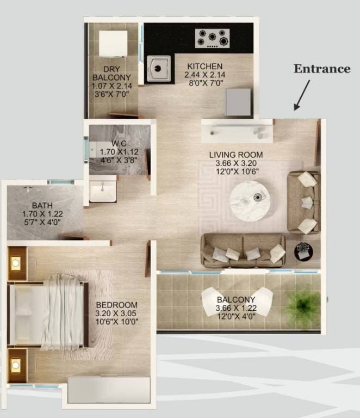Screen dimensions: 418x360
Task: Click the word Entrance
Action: (322, 69)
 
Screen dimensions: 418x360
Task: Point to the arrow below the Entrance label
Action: (302, 95)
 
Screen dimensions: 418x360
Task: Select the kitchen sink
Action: (158, 69)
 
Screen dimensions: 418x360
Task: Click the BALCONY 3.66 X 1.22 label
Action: (235, 304)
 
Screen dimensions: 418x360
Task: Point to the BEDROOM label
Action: (116, 305)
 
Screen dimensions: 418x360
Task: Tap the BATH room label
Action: (41, 206)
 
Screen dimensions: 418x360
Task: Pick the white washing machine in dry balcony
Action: (113, 43)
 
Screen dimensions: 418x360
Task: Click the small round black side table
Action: (302, 251)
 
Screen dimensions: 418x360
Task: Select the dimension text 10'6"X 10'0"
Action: (116, 322)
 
